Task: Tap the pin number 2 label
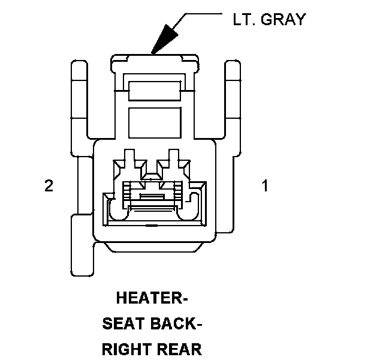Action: (x=49, y=186)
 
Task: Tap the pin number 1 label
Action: (x=264, y=186)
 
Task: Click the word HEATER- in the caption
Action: (x=152, y=298)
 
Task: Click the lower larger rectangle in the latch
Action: (x=155, y=120)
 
